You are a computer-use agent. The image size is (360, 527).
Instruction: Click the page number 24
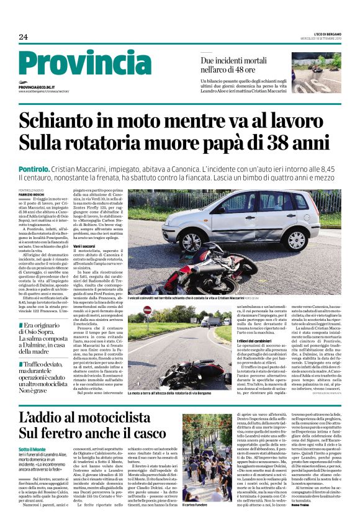(x=24, y=37)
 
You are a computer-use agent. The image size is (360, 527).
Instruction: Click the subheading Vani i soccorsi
(x=86, y=247)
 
